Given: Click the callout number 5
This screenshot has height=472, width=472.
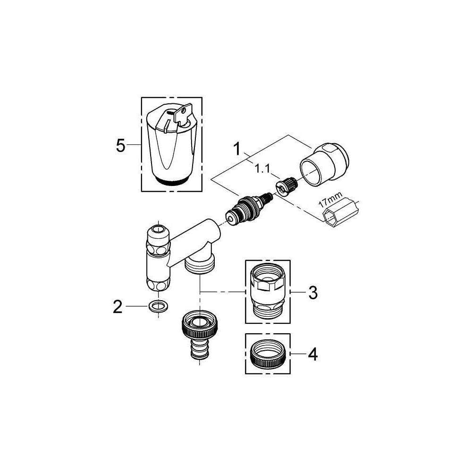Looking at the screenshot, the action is click(x=120, y=146).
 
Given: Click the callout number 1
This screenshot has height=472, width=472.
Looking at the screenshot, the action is click(x=237, y=149).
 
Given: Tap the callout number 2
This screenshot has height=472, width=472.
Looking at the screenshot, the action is click(x=118, y=307).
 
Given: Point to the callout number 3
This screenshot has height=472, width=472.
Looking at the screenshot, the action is click(x=313, y=292).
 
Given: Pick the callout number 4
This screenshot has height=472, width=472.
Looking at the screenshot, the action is click(x=313, y=354).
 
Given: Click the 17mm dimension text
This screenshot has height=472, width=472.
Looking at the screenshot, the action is click(x=331, y=200).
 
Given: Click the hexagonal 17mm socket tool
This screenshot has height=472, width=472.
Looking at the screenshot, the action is click(x=340, y=213).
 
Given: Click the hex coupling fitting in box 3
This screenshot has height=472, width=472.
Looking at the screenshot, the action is click(x=268, y=291).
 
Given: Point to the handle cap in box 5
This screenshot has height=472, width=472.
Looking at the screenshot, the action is click(x=172, y=144).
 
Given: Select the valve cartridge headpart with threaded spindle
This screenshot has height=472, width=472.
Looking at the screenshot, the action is click(x=249, y=208).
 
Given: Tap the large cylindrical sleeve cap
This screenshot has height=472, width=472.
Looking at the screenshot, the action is click(x=324, y=165).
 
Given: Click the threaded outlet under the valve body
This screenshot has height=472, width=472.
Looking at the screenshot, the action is click(x=200, y=264).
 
